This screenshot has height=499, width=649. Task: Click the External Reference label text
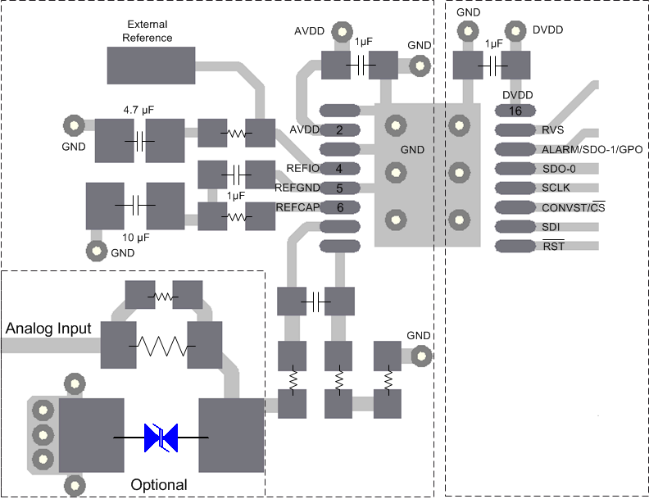[147, 31]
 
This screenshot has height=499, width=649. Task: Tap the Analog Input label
[48, 329]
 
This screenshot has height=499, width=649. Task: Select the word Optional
[159, 485]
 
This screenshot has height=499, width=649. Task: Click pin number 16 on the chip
[515, 111]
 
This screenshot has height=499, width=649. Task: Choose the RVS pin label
[553, 130]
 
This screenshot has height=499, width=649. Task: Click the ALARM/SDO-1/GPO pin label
[592, 150]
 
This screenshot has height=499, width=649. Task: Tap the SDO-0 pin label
[560, 169]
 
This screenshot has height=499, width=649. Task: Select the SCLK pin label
[556, 188]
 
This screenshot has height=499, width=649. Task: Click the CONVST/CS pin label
[574, 207]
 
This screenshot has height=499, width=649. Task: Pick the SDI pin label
[551, 226]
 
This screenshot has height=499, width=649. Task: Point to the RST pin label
[553, 246]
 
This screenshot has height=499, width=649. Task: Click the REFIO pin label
[302, 169]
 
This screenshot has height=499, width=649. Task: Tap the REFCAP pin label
[296, 207]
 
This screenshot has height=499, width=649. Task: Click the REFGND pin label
[297, 188]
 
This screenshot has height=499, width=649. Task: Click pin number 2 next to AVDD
[339, 130]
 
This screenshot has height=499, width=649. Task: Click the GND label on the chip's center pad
[412, 150]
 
